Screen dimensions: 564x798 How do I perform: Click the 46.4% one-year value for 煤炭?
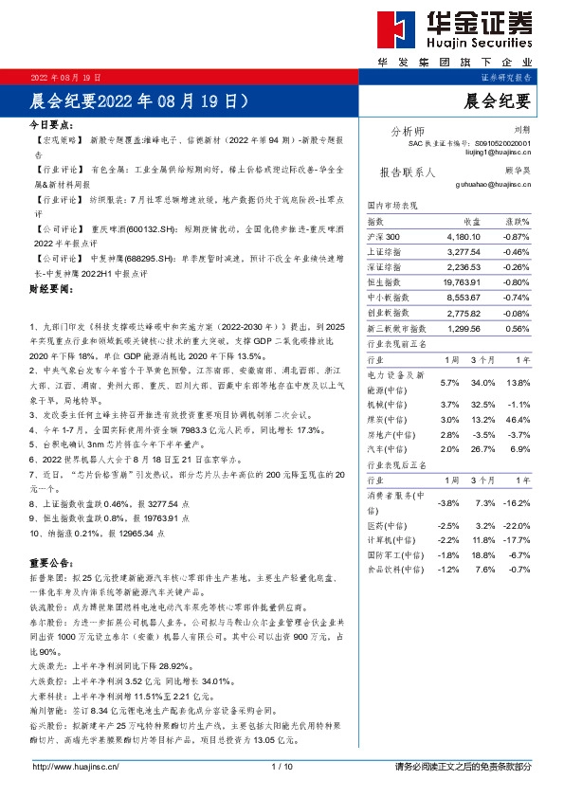pyautogui.click(x=519, y=419)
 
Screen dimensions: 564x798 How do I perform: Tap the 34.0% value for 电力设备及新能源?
pyautogui.click(x=482, y=382)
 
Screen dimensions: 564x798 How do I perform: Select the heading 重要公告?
pyautogui.click(x=51, y=561)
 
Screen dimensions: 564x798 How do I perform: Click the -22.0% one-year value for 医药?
pyautogui.click(x=518, y=525)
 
